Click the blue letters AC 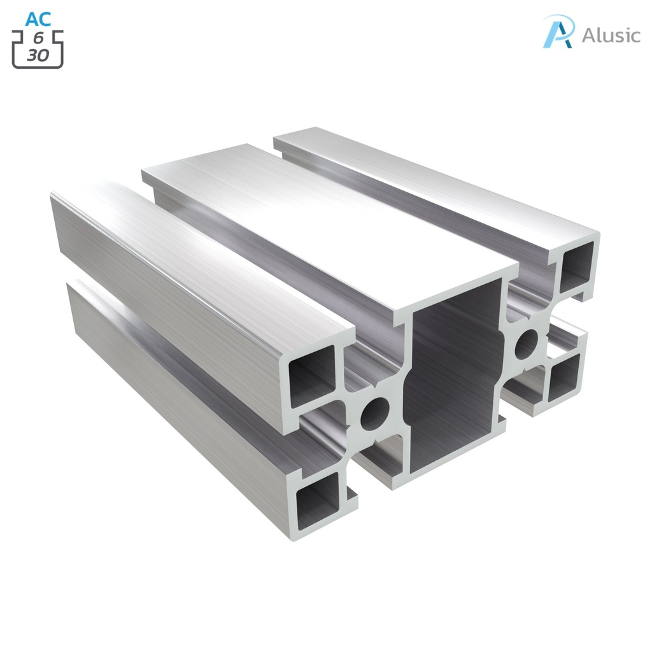(x=38, y=19)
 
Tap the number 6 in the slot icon (x=38, y=39)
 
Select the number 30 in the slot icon (x=38, y=55)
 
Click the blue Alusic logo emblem (x=558, y=32)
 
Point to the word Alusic (x=611, y=35)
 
